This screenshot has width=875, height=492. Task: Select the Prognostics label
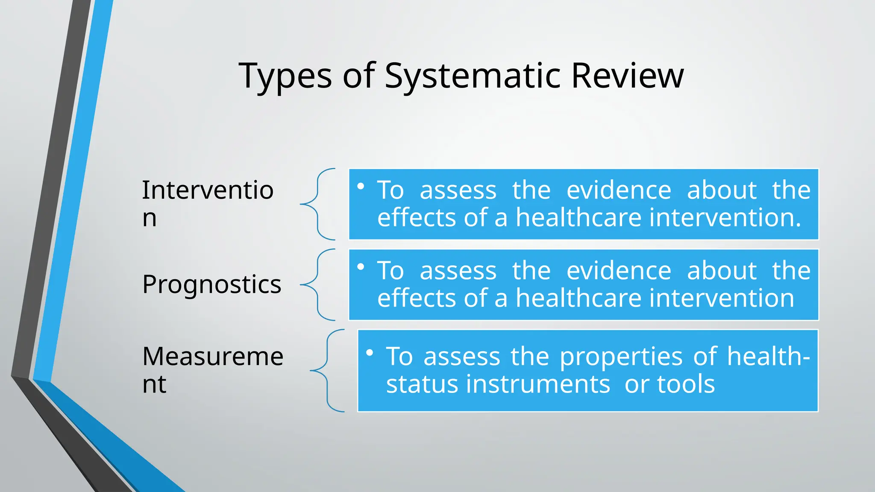[x=212, y=284]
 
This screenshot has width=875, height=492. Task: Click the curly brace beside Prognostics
[x=318, y=284]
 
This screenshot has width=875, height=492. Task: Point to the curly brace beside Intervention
[x=318, y=204]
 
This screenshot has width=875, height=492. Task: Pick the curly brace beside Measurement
[x=327, y=370]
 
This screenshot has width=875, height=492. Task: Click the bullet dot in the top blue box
[x=361, y=186]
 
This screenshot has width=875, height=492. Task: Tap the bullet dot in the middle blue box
[x=361, y=267]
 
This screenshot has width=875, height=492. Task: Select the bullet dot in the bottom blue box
[x=370, y=353]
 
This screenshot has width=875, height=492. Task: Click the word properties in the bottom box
[x=621, y=357]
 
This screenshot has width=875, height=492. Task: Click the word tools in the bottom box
[x=686, y=384]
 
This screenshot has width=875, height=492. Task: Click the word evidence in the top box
[x=619, y=190]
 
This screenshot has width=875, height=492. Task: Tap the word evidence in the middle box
[x=619, y=271]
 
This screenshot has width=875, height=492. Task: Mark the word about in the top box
[x=722, y=190]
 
